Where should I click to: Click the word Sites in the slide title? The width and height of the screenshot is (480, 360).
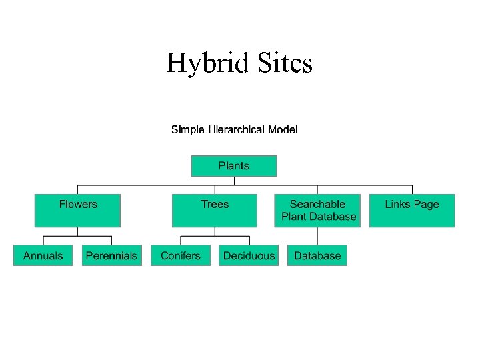[283, 64]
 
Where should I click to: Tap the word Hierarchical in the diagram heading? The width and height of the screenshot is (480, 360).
[236, 129]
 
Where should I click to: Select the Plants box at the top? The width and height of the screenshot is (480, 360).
[234, 166]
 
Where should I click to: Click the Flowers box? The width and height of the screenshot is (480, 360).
[77, 211]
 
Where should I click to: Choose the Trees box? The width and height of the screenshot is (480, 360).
[215, 211]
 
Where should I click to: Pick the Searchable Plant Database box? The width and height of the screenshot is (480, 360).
[317, 211]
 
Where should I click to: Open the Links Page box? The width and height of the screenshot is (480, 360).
[412, 211]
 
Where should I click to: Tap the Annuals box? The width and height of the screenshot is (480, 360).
[43, 256]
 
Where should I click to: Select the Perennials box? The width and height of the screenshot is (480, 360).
[112, 256]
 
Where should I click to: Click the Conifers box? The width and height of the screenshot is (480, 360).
[181, 256]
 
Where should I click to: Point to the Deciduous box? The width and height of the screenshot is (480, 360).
[249, 256]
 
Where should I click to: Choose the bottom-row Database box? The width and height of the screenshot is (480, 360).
[317, 256]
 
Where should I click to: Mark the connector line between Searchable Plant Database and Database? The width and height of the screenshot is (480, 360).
[318, 237]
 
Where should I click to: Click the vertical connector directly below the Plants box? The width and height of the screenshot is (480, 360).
[234, 181]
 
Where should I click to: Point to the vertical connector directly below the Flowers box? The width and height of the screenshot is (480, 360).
[78, 231]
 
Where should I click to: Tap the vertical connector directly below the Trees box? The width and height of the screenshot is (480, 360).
[215, 231]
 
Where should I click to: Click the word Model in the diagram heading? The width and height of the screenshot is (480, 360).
[283, 129]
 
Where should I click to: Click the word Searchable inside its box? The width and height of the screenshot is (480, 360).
[317, 205]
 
